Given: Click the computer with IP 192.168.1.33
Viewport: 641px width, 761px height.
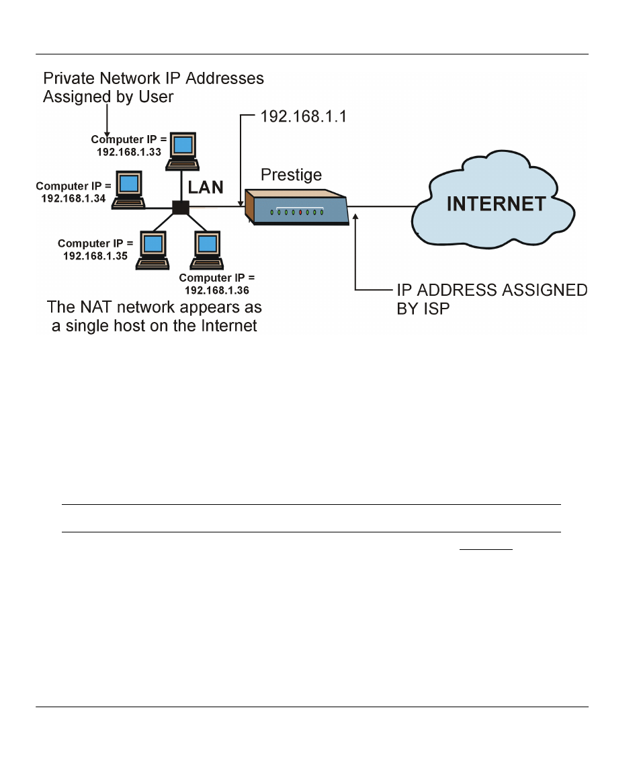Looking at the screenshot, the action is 183,151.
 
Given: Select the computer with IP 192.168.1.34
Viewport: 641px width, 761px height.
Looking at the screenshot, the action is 128,190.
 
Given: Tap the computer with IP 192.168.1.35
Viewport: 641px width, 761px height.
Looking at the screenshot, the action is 153,250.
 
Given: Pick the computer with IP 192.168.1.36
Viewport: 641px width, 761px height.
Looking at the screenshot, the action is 207,250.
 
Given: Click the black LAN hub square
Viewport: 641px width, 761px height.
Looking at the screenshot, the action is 181,207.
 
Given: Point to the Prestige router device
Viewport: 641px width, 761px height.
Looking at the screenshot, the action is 297,207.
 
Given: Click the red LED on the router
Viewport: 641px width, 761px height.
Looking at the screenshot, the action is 300,212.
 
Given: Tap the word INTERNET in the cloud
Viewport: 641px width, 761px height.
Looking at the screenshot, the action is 496,204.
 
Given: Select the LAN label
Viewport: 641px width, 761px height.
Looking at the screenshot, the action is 206,188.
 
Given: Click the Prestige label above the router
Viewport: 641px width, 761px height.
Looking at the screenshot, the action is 291,175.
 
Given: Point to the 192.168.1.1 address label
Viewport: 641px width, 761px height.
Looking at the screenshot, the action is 303,116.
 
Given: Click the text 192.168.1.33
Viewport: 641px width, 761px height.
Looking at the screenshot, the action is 128,152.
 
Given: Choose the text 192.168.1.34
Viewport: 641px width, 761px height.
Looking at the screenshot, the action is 73,198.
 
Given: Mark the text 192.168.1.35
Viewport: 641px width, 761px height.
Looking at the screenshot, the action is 95,255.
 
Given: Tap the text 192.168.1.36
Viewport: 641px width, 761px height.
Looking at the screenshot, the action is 217,290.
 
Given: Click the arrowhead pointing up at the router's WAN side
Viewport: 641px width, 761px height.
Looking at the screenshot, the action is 355,216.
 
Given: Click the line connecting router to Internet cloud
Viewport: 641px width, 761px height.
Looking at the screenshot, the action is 382,207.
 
